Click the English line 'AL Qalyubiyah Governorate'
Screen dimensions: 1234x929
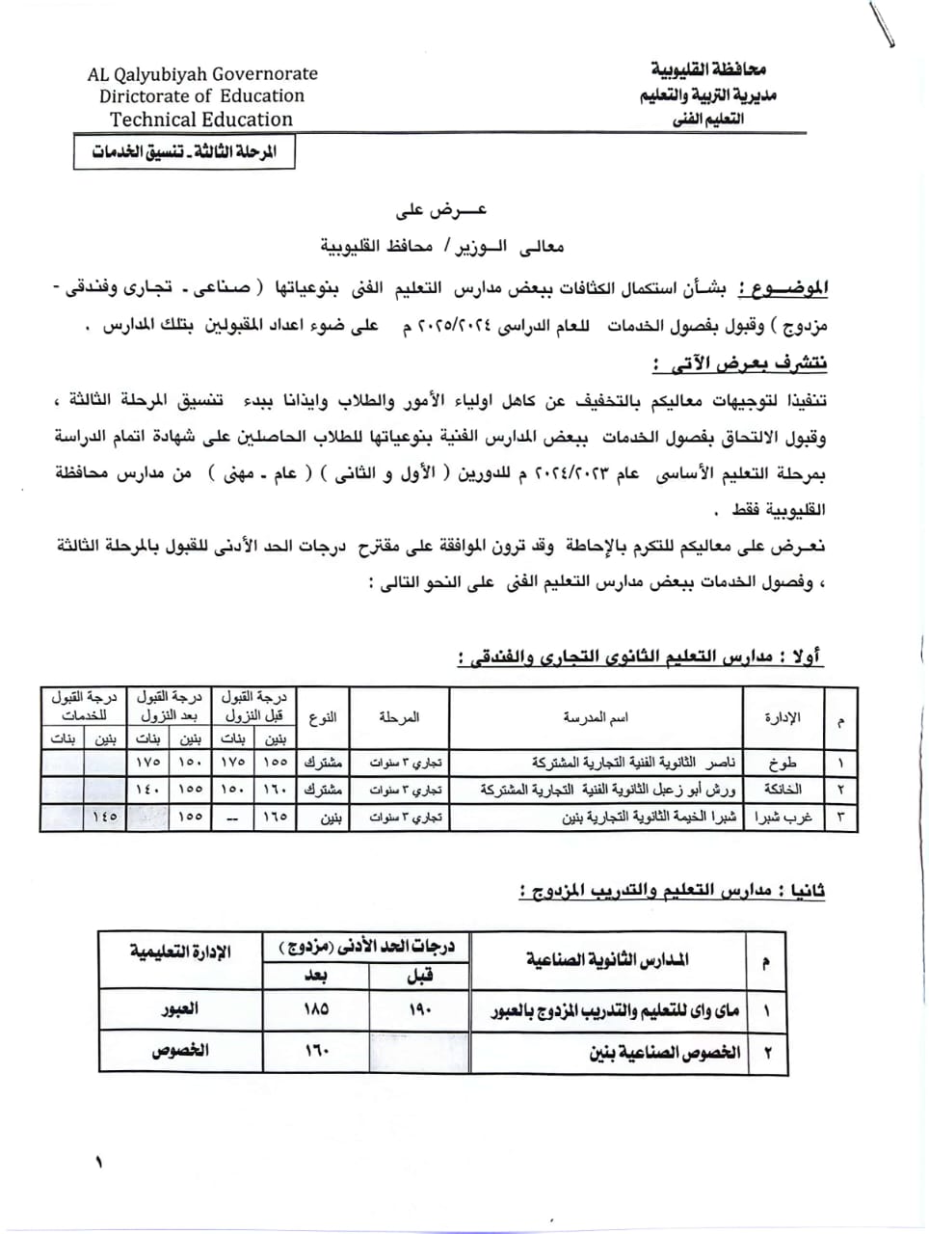(x=202, y=73)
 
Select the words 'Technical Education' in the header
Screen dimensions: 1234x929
(x=201, y=120)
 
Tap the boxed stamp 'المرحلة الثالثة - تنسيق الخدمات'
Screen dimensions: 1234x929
(x=184, y=152)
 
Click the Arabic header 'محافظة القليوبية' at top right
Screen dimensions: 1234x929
(x=708, y=70)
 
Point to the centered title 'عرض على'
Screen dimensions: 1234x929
(x=443, y=210)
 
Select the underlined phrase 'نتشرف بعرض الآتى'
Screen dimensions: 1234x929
(x=739, y=363)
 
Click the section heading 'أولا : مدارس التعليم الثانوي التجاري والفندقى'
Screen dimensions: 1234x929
(x=640, y=657)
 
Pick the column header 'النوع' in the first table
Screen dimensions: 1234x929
(x=324, y=718)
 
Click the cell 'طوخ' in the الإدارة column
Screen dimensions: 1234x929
(x=783, y=763)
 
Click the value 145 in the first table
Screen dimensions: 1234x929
(x=104, y=818)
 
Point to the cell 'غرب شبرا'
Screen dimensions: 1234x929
(x=783, y=818)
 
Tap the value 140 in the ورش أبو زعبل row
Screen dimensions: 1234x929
(x=147, y=790)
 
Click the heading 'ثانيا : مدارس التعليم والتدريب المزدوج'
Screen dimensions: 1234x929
(x=671, y=892)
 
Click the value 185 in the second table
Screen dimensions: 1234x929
(x=315, y=1009)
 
